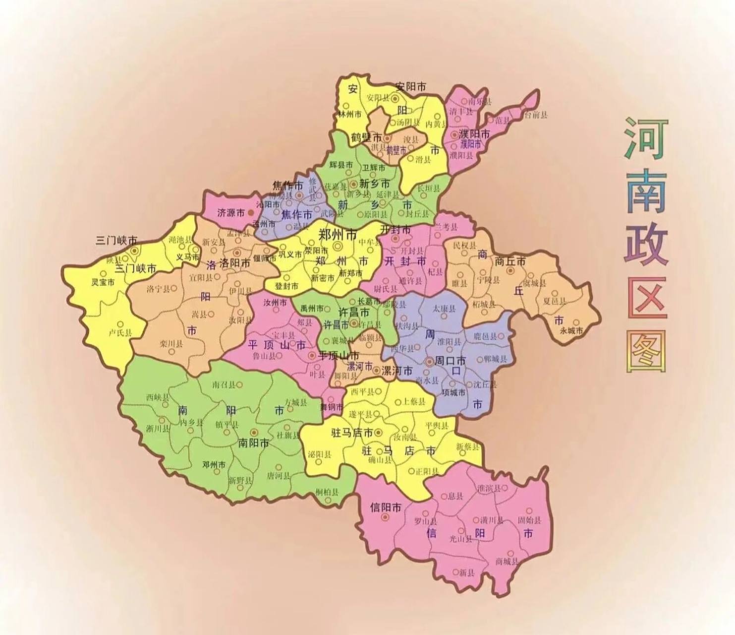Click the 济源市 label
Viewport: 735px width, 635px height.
point(230,213)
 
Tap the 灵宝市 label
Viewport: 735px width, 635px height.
point(103,282)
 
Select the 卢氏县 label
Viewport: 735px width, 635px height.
point(120,333)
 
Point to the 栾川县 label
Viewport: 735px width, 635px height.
point(171,343)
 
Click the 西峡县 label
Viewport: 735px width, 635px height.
point(158,397)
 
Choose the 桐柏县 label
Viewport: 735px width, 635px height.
point(327,492)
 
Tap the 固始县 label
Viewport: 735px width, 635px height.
point(529,520)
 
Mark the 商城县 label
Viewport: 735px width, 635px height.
point(507,562)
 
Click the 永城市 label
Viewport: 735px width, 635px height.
point(571,330)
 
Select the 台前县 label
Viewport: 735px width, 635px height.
point(536,115)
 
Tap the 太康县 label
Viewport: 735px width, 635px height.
point(444,309)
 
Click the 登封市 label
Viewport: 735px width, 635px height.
point(287,286)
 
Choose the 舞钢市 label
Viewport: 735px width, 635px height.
point(331,407)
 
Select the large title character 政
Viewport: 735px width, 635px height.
point(646,246)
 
